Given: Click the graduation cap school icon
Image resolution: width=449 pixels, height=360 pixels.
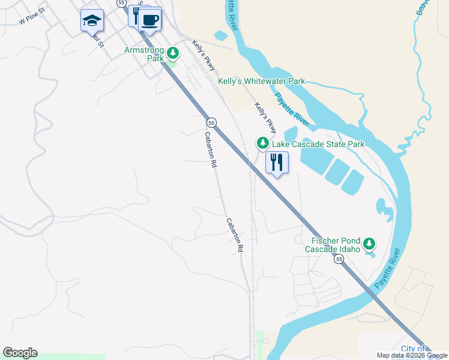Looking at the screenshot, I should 92,22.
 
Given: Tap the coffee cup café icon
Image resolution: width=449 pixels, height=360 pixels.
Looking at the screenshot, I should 149,20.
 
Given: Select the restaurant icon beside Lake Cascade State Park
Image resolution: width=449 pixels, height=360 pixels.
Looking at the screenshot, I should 277,162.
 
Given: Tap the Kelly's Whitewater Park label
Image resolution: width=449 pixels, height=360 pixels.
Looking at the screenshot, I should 261,81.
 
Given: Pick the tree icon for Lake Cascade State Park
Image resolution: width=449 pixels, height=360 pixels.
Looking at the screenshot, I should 262,143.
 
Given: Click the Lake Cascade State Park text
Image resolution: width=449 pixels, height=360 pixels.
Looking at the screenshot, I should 318,144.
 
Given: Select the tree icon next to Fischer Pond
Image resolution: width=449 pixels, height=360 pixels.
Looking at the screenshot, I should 369,244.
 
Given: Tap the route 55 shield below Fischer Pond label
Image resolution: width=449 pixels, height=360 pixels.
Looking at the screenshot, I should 339,259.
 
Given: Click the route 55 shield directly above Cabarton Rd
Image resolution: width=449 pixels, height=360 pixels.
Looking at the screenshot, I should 211,122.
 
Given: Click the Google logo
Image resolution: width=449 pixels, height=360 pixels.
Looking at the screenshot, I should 20,353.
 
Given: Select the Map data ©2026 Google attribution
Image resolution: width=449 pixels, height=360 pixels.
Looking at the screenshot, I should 412,355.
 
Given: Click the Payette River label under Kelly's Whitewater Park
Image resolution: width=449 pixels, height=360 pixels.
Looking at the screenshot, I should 292,109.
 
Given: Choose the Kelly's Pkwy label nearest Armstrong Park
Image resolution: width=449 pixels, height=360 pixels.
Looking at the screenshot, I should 203,55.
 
